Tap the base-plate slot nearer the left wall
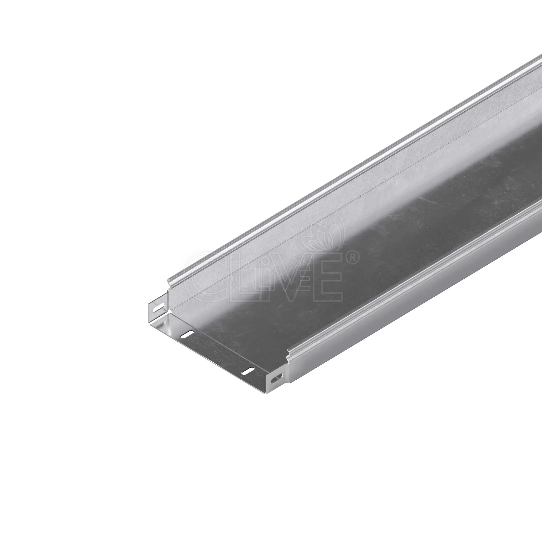(187, 334)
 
